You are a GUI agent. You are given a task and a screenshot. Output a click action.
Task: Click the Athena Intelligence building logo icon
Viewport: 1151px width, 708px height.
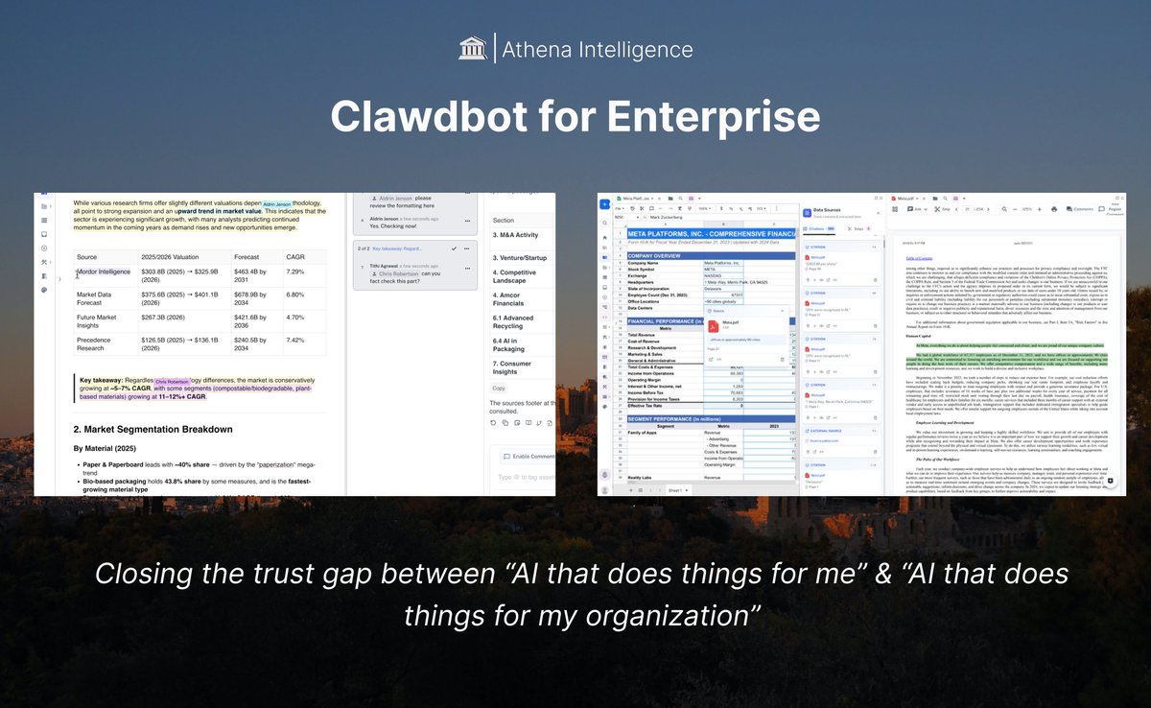coord(472,49)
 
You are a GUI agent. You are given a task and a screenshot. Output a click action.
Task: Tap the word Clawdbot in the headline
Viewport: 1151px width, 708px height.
coord(440,116)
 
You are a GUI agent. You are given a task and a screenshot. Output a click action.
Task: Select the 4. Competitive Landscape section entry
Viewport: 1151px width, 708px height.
coord(513,278)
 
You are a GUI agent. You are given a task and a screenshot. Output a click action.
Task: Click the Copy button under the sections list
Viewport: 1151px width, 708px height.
coord(499,389)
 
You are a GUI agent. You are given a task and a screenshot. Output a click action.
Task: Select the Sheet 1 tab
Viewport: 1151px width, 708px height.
coord(676,489)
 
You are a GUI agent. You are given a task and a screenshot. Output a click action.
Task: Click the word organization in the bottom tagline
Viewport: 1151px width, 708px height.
coord(659,615)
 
